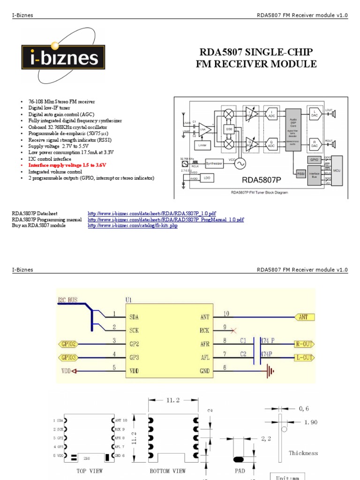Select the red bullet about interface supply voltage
pos(67,165)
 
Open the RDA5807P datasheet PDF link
pos(152,213)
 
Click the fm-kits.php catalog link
pos(133,225)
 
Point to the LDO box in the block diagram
pos(207,178)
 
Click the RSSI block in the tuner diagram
pos(300,174)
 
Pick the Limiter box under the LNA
pos(202,146)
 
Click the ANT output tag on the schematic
pos(303,317)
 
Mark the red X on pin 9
pos(233,330)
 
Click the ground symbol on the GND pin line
pos(270,371)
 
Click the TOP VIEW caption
pos(89,471)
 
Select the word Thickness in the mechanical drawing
pos(303,453)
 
